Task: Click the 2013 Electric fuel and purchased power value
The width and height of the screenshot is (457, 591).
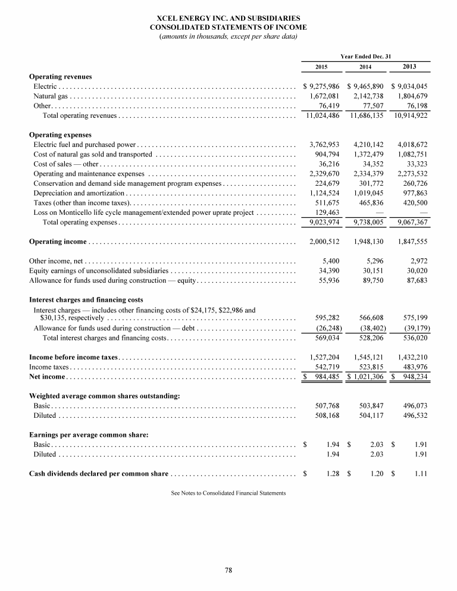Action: click(x=412, y=145)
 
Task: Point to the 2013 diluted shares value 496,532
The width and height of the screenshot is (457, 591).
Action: click(x=415, y=415)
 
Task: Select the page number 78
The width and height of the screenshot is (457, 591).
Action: click(x=228, y=571)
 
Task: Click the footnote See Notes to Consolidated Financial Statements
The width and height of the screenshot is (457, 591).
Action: click(x=228, y=493)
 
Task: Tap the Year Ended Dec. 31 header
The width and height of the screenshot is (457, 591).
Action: click(x=365, y=55)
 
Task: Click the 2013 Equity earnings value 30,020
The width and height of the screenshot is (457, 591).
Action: click(x=415, y=271)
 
